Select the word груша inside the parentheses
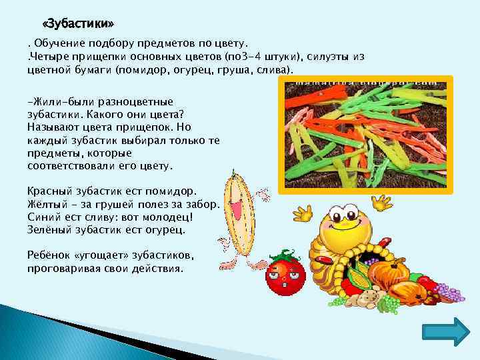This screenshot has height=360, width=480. click(x=233, y=69)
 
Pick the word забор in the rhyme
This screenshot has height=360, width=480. click(x=200, y=205)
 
